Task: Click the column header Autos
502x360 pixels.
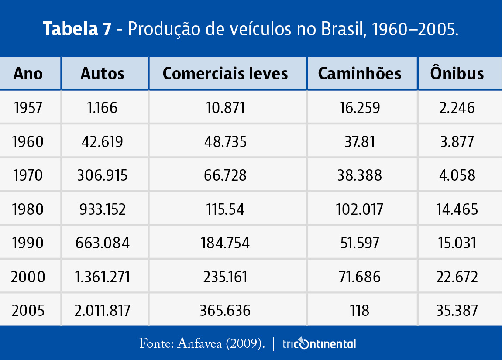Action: [x=103, y=73]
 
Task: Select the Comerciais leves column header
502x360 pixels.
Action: [x=225, y=73]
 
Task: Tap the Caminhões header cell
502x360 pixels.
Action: [x=360, y=73]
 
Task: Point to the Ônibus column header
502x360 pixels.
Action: [x=457, y=73]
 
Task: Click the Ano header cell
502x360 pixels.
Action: [x=28, y=73]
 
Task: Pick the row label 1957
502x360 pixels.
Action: [x=28, y=107]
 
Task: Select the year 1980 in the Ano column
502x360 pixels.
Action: [x=28, y=209]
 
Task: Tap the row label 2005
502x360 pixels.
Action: [x=28, y=311]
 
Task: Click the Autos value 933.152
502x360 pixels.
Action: [x=103, y=209]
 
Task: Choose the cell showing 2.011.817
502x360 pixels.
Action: [x=103, y=311]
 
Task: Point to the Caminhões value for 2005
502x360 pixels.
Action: [x=360, y=311]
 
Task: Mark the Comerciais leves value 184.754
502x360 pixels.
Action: [x=225, y=243]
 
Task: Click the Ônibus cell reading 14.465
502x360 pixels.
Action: [x=457, y=209]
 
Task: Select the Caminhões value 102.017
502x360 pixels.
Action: [x=360, y=209]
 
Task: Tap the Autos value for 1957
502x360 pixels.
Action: [x=103, y=107]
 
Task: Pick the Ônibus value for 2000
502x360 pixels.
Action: [x=457, y=277]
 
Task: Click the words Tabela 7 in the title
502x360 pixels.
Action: [x=77, y=29]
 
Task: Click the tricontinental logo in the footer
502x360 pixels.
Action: [x=319, y=344]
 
